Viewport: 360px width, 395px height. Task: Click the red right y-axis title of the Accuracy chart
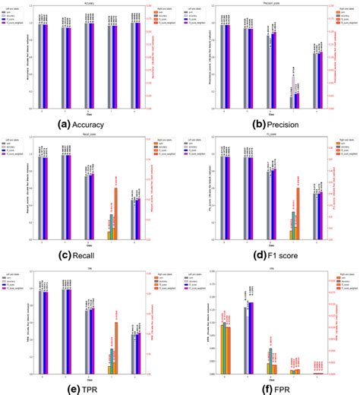pyautogui.click(x=166, y=58)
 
